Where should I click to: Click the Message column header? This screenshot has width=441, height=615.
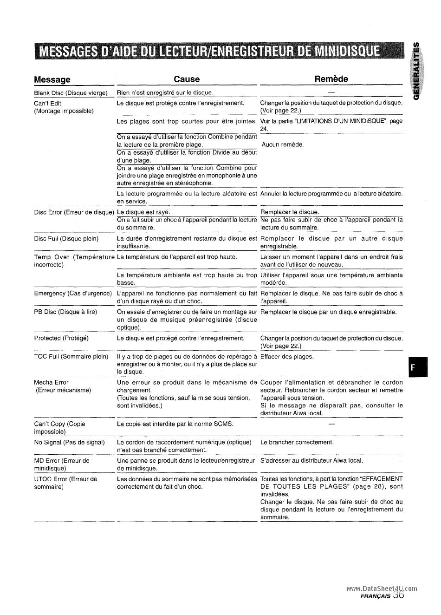point(52,79)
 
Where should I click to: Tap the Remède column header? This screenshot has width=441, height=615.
point(331,79)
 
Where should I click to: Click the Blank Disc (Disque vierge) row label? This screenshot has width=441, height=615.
point(71,93)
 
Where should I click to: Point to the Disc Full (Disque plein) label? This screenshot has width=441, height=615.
point(66,239)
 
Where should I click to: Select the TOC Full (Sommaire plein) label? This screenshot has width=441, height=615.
point(71,357)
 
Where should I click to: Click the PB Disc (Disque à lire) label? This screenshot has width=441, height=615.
point(65,312)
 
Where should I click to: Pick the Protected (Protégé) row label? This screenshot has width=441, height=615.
point(61,338)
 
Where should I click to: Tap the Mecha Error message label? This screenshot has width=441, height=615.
point(52,383)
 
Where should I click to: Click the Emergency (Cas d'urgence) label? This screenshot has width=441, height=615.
point(73,294)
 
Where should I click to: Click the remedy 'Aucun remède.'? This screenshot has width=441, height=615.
point(283,144)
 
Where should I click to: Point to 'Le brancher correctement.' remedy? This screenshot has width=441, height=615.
point(297,442)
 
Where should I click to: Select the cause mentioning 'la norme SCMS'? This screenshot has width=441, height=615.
point(175,424)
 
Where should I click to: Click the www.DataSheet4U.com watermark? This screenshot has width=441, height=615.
point(382,588)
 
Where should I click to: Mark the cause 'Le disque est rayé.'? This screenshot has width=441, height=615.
point(143,212)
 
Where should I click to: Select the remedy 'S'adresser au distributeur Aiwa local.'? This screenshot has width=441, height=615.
point(311,461)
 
